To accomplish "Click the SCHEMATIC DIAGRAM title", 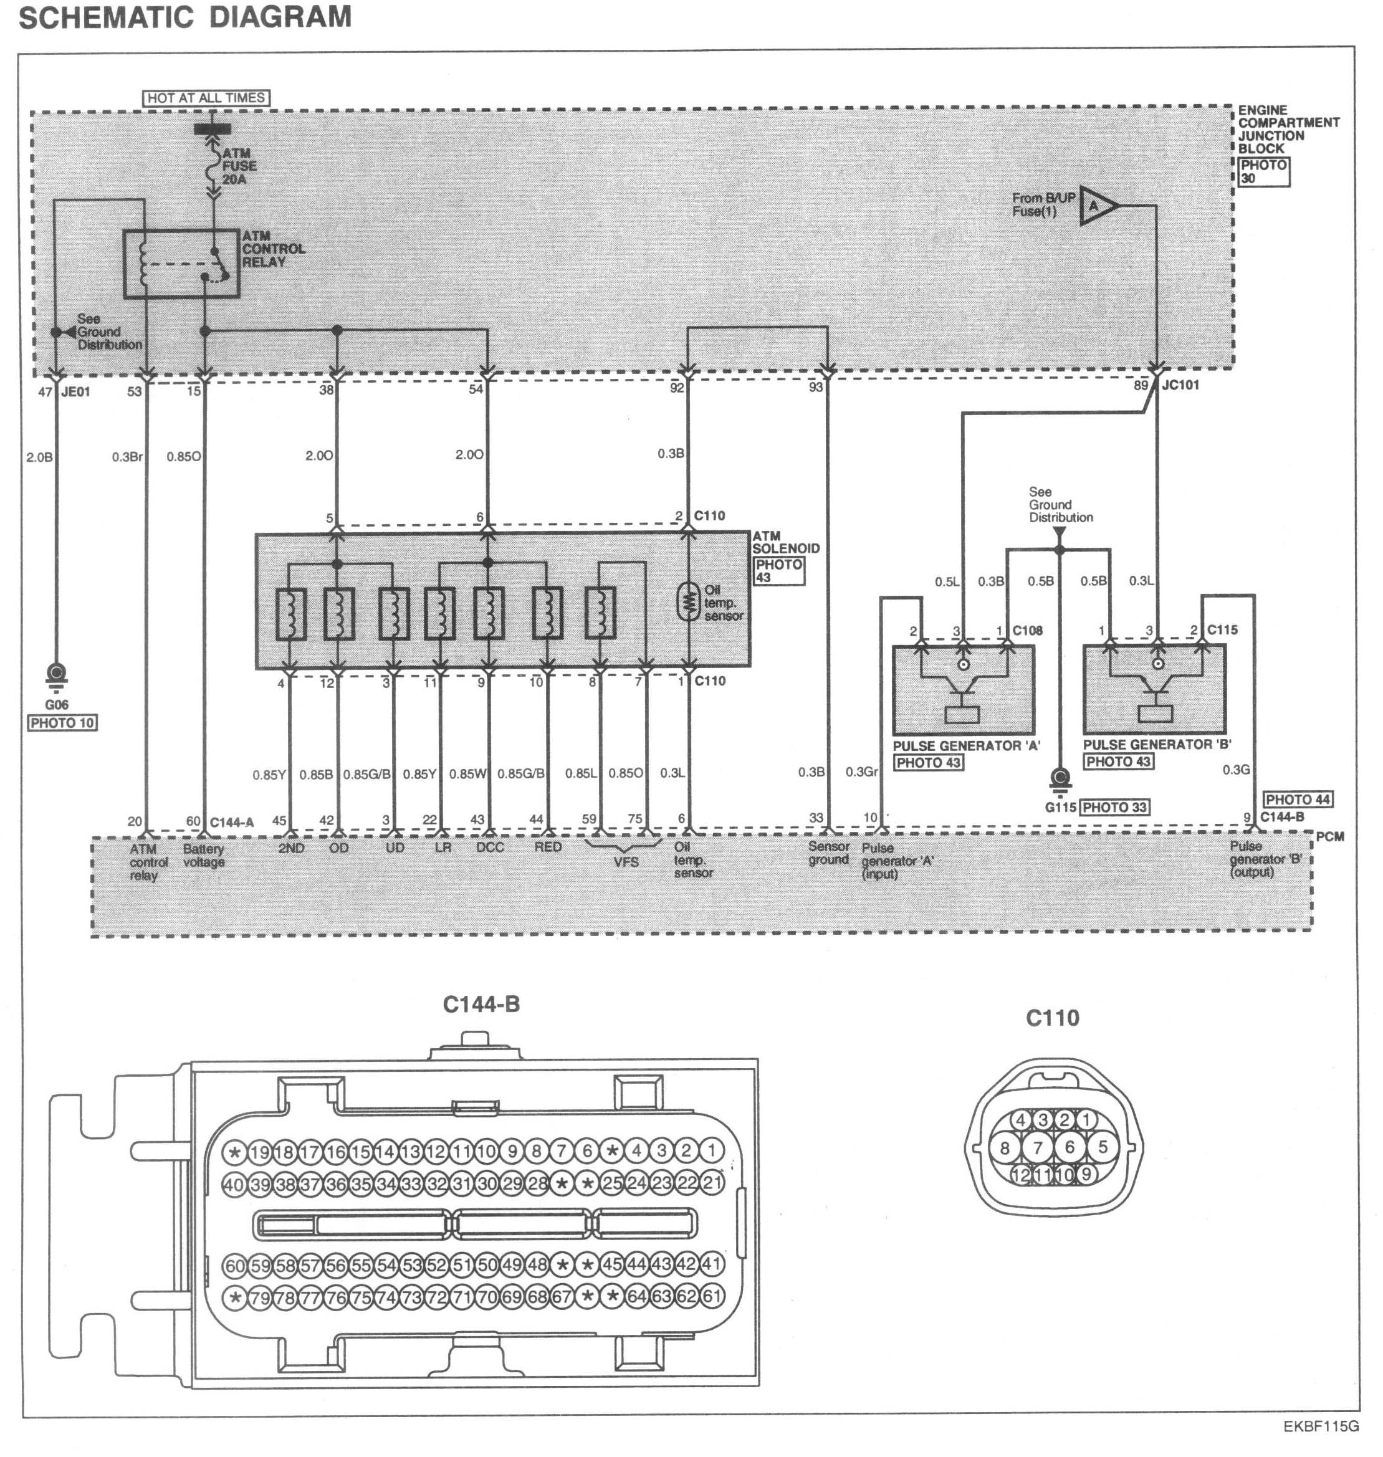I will tap(185, 17).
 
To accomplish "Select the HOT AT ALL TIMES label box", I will tap(206, 98).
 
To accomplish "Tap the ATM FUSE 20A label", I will tap(239, 166).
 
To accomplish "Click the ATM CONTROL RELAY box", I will tap(181, 263).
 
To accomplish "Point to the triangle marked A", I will tap(1098, 206).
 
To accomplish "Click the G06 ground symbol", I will tap(56, 674).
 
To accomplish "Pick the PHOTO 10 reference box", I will tap(63, 723).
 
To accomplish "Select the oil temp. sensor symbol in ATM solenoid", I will tap(689, 602).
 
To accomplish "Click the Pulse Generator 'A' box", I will tap(963, 689).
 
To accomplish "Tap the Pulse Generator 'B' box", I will tap(1154, 689).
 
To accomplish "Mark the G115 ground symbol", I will tap(1060, 780).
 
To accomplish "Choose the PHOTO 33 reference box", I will tap(1114, 808).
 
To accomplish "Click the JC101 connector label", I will tap(1180, 385).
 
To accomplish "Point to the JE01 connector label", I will tap(75, 392).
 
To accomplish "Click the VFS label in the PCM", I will tap(626, 861).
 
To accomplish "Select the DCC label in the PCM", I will tap(489, 848).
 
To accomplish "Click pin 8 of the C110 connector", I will tap(1005, 1147).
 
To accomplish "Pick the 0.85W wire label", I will tap(468, 774).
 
